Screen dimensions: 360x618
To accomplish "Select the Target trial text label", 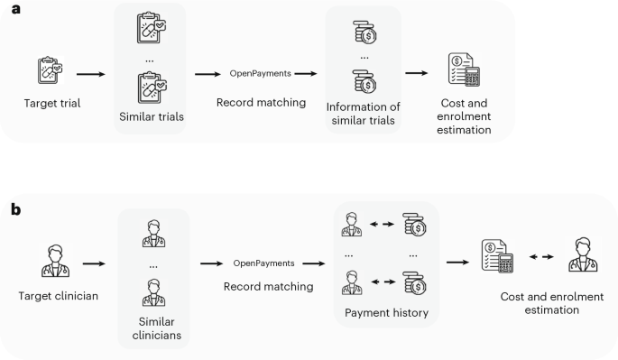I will pyautogui.click(x=52, y=103).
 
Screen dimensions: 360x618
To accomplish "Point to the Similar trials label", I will pyautogui.click(x=150, y=117).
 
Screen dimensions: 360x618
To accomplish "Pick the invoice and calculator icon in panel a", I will pyautogui.click(x=465, y=69).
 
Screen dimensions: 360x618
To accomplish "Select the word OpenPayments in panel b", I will pyautogui.click(x=263, y=263).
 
